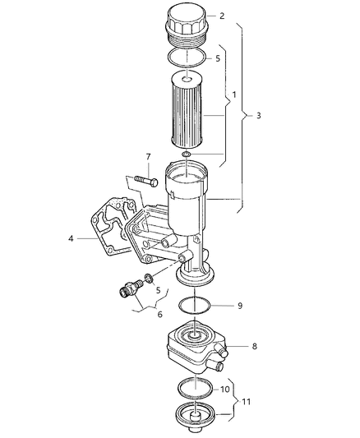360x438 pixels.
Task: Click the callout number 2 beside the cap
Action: point(221,15)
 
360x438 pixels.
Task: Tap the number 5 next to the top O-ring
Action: point(218,59)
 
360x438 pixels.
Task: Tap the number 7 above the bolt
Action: point(148,156)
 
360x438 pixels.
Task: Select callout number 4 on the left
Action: point(72,239)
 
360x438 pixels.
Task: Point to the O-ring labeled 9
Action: point(196,307)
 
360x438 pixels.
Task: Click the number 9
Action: point(239,306)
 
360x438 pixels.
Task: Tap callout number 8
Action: point(254,347)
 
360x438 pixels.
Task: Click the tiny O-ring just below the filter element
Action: point(187,154)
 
